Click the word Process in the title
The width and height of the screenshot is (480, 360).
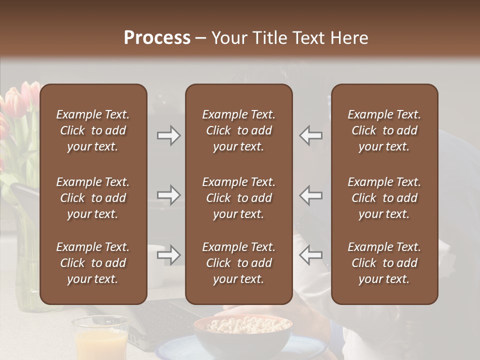157,38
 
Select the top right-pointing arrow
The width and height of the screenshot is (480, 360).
169,135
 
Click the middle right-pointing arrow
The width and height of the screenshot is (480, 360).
169,195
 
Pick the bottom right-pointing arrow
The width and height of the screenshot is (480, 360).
169,255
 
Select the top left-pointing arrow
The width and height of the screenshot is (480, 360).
310,135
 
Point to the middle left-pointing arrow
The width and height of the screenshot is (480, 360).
310,195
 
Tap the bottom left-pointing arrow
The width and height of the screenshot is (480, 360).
310,255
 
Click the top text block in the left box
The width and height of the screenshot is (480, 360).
93,130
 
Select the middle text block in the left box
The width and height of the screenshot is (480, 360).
93,198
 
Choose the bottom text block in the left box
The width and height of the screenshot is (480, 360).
93,263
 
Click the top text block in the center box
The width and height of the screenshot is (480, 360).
238,130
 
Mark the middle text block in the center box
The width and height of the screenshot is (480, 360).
238,198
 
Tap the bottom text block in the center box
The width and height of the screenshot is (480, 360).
238,263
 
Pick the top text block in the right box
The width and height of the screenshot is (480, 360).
384,130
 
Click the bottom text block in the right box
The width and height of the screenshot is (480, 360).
384,263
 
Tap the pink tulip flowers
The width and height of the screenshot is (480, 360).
17,102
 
